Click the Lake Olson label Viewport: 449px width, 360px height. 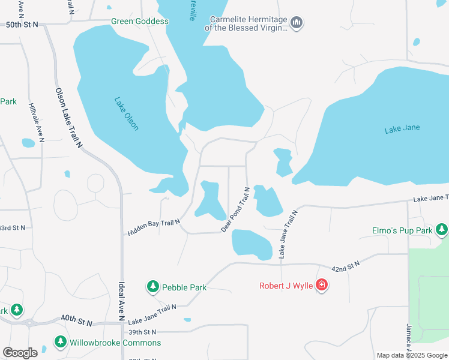126,113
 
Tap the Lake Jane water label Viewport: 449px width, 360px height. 402,128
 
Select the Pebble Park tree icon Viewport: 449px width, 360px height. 153,287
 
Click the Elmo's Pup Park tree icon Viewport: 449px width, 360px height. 442,230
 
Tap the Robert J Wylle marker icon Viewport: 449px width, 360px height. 322,285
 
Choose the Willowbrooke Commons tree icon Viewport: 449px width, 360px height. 60,342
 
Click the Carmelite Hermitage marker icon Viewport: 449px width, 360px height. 296,23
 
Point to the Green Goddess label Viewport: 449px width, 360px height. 140,21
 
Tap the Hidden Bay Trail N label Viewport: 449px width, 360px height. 154,227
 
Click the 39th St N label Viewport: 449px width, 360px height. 142,332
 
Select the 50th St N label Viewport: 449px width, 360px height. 22,24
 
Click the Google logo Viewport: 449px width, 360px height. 20,352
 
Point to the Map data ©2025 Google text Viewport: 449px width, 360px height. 412,355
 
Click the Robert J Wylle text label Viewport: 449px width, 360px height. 286,286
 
